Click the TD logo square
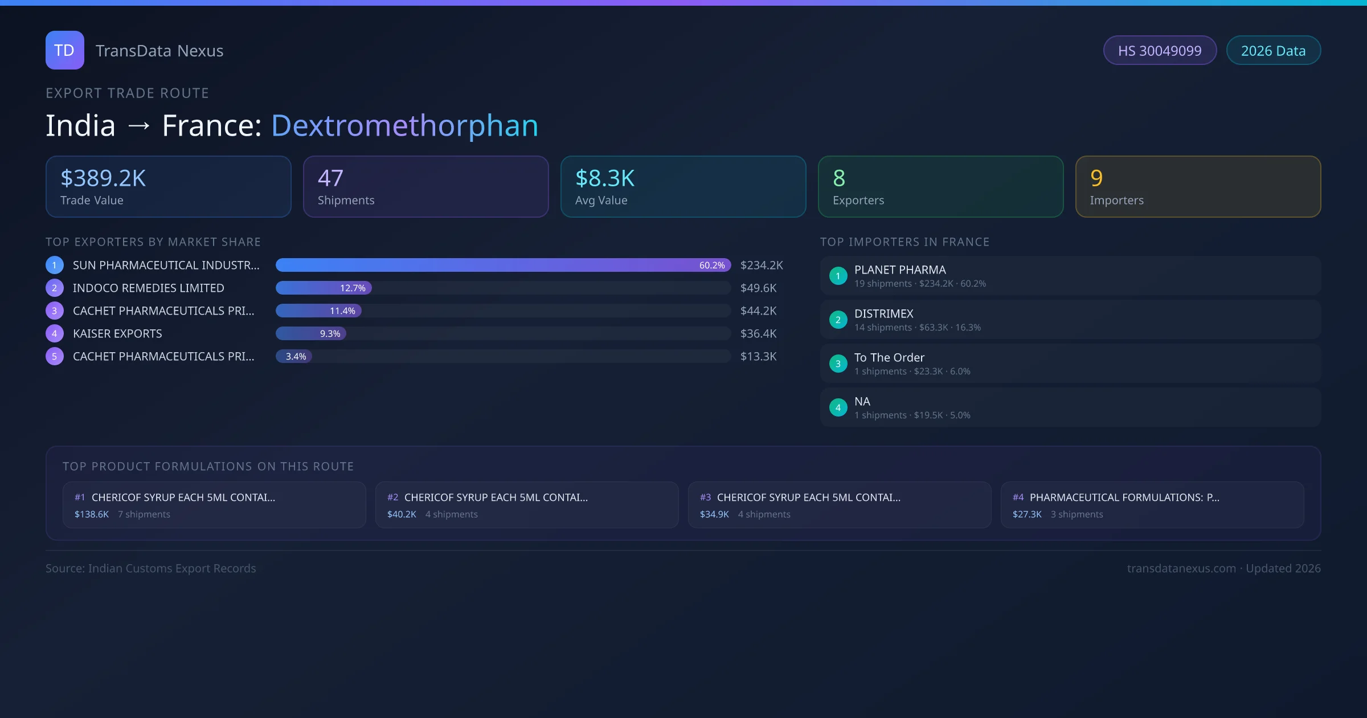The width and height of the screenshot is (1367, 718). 64,50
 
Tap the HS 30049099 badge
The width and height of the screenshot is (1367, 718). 1159,51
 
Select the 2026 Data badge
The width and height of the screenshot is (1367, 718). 1273,51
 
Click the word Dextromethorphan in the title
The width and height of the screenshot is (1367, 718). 404,125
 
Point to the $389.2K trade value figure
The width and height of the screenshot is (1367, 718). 103,178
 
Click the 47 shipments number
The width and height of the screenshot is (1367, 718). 330,178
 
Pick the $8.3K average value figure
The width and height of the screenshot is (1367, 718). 604,178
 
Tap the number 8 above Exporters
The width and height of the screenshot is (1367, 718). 839,178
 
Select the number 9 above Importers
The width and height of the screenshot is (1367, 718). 1096,178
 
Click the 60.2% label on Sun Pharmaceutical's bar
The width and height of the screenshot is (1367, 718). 711,266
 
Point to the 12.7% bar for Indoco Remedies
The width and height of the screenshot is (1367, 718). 324,288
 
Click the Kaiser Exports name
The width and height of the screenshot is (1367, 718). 117,334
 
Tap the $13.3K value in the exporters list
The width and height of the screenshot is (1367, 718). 758,357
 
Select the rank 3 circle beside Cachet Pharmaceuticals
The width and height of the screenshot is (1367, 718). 55,311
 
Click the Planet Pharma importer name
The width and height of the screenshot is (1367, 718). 900,270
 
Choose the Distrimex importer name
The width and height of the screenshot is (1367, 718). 883,314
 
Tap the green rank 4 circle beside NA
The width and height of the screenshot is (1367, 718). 838,408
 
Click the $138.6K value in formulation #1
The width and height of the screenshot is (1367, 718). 92,515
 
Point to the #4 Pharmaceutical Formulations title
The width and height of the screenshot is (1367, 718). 1124,497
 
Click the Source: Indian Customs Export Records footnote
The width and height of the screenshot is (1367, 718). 151,569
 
